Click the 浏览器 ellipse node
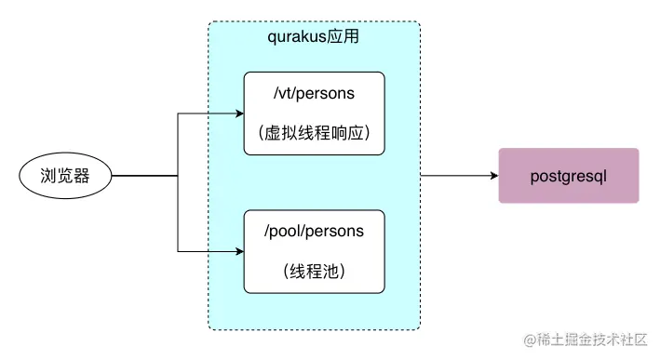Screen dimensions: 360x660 click(65, 175)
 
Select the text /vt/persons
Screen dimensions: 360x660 click(314, 95)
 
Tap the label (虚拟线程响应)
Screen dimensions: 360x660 click(314, 133)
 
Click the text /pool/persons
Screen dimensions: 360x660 click(314, 232)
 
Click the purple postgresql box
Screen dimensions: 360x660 click(569, 175)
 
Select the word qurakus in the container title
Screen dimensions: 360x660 click(294, 39)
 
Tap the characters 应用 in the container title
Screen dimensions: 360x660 click(343, 39)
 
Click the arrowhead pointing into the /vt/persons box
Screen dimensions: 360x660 click(237, 114)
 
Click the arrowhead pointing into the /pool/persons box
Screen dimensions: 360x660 click(237, 250)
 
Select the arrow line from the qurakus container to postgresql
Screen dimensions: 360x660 click(456, 175)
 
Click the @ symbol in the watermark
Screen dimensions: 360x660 click(528, 341)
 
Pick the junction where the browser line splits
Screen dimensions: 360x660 click(178, 175)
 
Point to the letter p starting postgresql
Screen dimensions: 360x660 click(534, 176)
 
